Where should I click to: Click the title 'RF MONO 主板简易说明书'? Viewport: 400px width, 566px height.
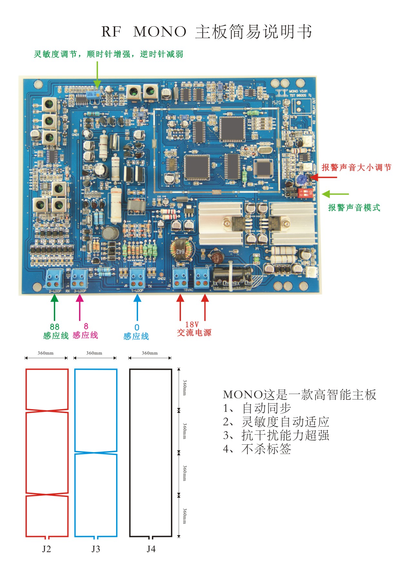[x=206, y=32]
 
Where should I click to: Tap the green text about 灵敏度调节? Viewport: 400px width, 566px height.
[x=108, y=54]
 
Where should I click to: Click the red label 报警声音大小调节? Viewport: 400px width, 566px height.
[x=356, y=167]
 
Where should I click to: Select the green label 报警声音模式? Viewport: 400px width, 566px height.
[x=354, y=207]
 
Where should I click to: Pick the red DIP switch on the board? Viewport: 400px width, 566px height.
[x=304, y=193]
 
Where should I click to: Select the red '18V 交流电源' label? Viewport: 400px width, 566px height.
[x=194, y=329]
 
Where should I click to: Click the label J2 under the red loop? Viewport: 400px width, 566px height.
[x=46, y=549]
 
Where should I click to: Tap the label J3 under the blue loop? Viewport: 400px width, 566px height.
[x=96, y=549]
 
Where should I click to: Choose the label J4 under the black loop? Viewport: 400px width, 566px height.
[x=151, y=549]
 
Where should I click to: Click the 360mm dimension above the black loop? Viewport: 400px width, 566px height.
[x=150, y=353]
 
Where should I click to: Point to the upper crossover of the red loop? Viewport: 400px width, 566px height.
[x=47, y=411]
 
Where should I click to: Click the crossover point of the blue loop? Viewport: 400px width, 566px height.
[x=96, y=452]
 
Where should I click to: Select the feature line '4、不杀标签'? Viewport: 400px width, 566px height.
[x=257, y=449]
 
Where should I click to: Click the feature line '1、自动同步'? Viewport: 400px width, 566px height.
[x=257, y=408]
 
